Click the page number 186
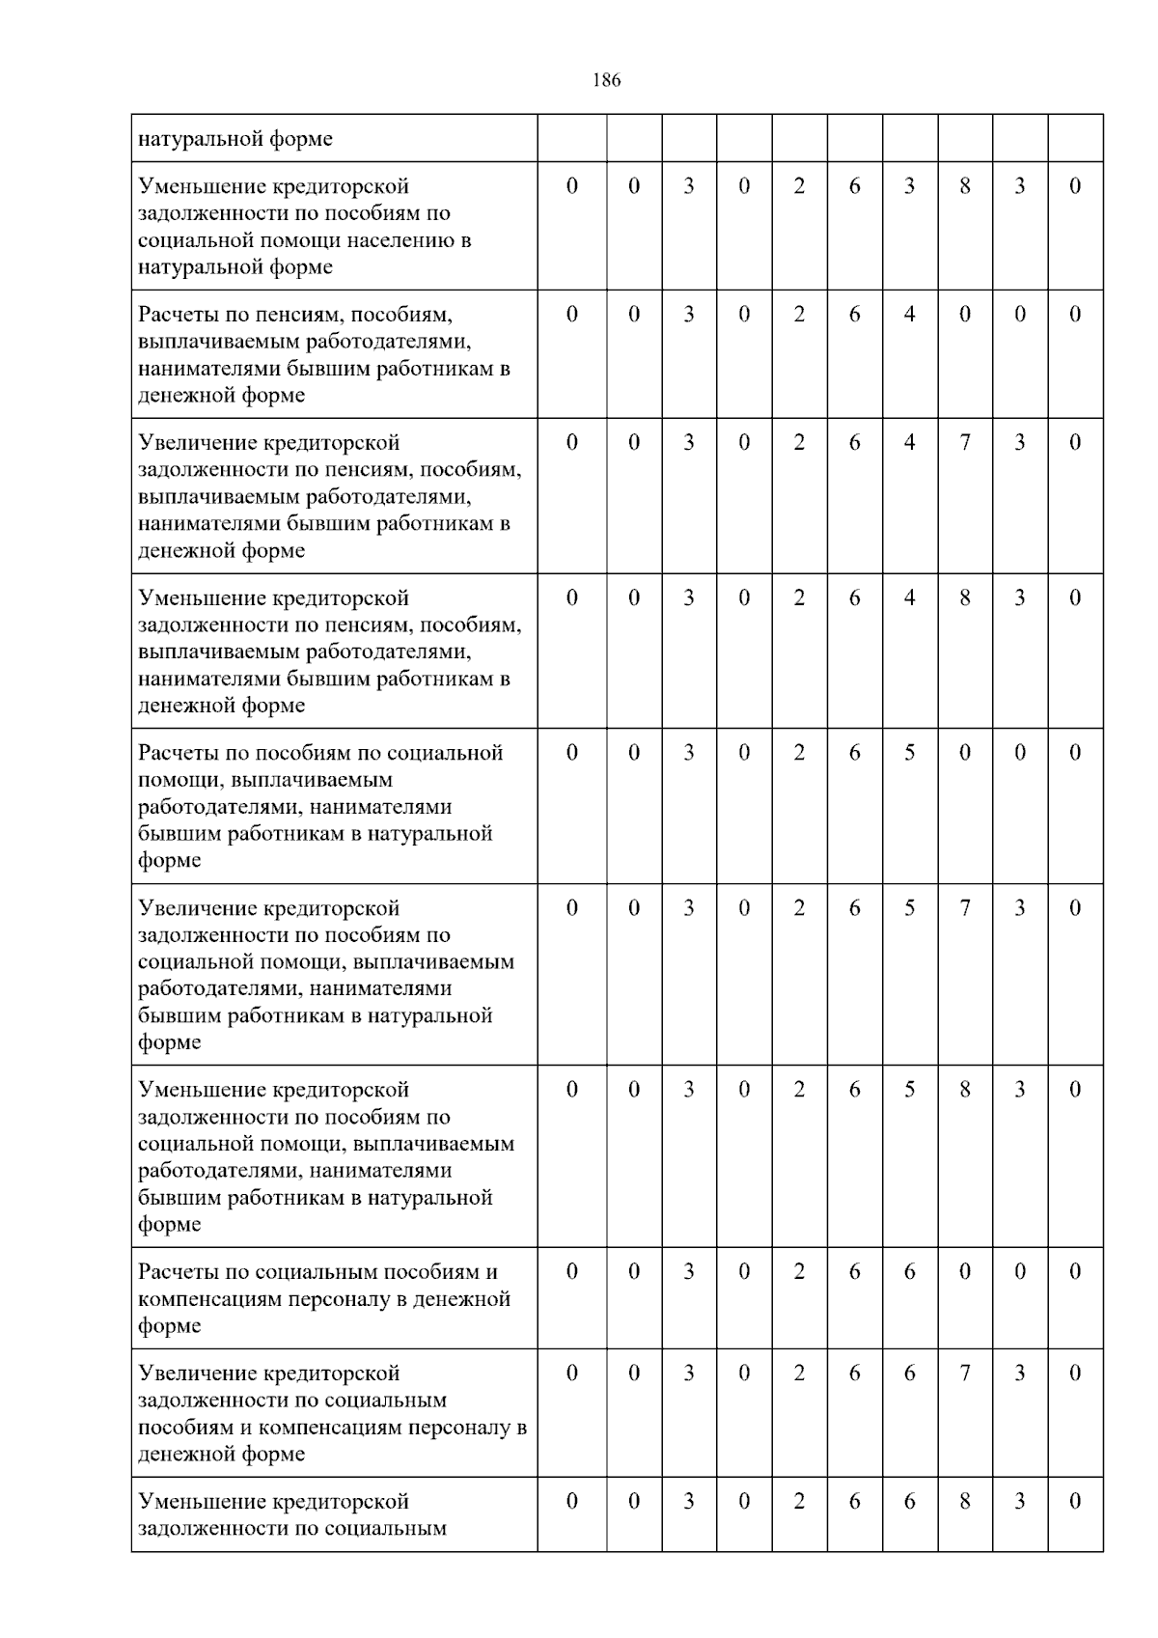coord(606,80)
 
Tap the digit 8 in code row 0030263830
coord(965,186)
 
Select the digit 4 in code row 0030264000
coord(909,315)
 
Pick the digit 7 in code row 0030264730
coord(965,443)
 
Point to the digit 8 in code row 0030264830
coord(965,598)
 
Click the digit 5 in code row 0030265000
coord(909,753)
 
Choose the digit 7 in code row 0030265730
coord(965,908)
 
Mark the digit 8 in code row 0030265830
coord(965,1090)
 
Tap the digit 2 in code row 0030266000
coord(799,1272)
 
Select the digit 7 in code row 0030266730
coord(965,1374)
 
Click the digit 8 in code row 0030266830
coord(965,1502)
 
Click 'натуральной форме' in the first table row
coord(235,139)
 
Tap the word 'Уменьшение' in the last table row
coord(201,1502)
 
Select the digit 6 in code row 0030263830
coord(854,186)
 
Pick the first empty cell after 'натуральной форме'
coord(571,138)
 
